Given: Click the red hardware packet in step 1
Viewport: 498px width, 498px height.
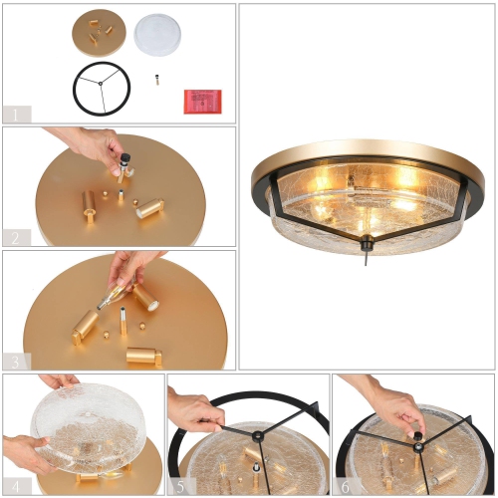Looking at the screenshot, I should coord(202,101).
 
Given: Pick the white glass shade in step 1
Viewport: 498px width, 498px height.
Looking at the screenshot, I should coord(157,33).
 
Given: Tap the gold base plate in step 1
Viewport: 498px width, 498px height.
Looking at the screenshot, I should coord(98,34).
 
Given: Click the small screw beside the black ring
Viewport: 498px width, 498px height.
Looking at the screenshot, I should coord(156,79).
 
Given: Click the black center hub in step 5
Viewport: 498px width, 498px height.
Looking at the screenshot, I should coord(258,436).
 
